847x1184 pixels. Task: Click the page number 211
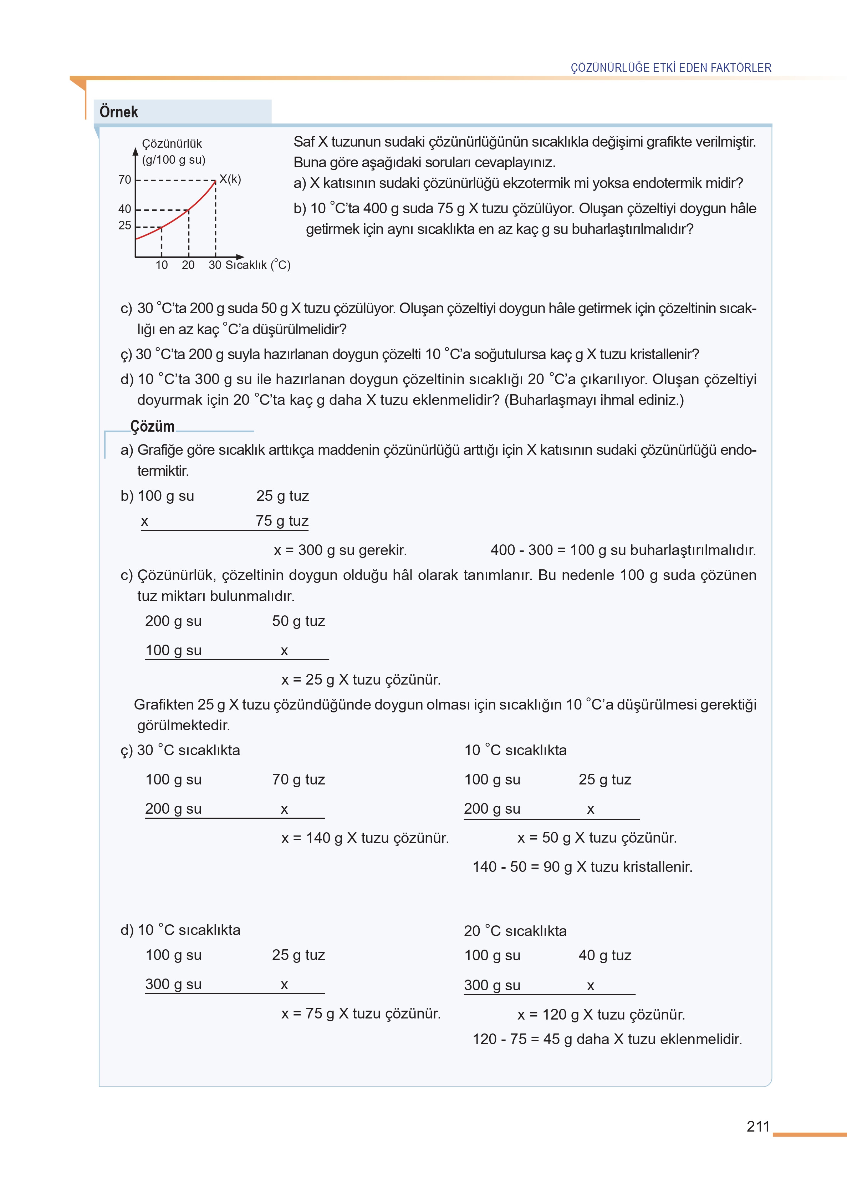pyautogui.click(x=758, y=1126)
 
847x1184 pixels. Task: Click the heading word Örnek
pyautogui.click(x=119, y=112)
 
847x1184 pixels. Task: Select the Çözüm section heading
pyautogui.click(x=152, y=426)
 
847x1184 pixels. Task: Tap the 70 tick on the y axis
pyautogui.click(x=125, y=180)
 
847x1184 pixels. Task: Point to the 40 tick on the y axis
pyautogui.click(x=125, y=209)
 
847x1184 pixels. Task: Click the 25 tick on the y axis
pyautogui.click(x=125, y=225)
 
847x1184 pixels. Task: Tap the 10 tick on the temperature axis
pyautogui.click(x=162, y=265)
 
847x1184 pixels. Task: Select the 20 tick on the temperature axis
pyautogui.click(x=188, y=265)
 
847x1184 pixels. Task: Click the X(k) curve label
pyautogui.click(x=230, y=179)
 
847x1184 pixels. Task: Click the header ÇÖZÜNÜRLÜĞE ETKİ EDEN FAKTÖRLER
pyautogui.click(x=671, y=68)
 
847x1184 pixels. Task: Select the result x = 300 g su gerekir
pyautogui.click(x=340, y=550)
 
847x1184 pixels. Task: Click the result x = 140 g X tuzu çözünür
pyautogui.click(x=365, y=838)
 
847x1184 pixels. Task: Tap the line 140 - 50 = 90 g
pyautogui.click(x=582, y=867)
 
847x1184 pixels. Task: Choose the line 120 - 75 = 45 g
pyautogui.click(x=607, y=1039)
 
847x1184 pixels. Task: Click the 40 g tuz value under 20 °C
pyautogui.click(x=604, y=956)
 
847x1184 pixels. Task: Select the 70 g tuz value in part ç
pyautogui.click(x=299, y=780)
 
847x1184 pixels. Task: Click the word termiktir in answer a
pyautogui.click(x=163, y=471)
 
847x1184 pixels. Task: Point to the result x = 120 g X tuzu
pyautogui.click(x=601, y=1015)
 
